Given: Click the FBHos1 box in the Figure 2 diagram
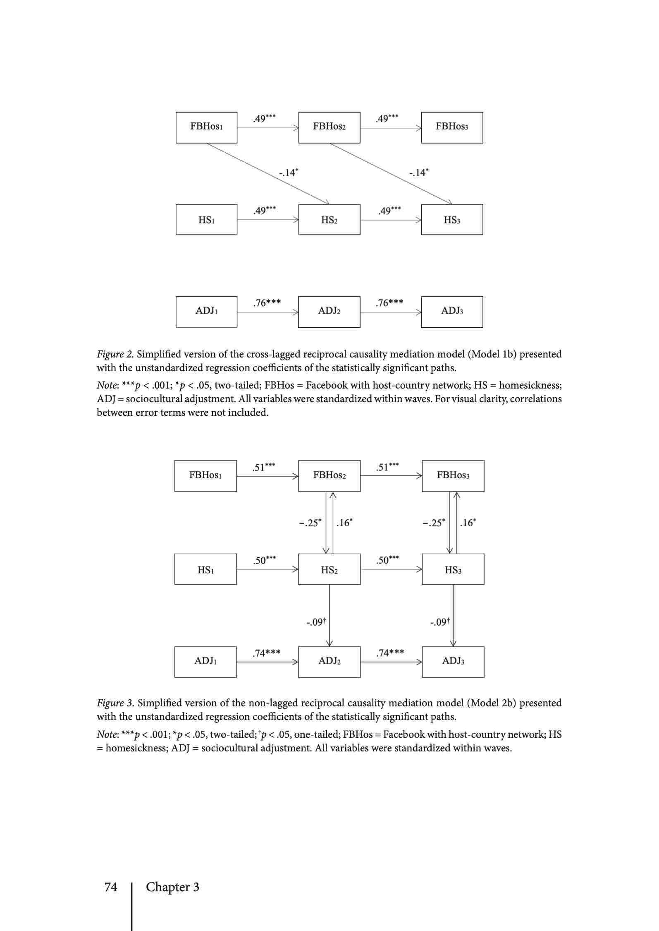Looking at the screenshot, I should [206, 127].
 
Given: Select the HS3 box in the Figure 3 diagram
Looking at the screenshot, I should [453, 569].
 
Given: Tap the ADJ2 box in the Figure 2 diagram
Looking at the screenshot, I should [329, 312].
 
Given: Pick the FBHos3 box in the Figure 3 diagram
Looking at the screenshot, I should [453, 476].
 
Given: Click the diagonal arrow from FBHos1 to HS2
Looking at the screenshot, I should [268, 174].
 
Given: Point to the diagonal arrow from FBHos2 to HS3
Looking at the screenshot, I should [391, 174].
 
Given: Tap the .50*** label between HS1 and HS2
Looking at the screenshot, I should [265, 560].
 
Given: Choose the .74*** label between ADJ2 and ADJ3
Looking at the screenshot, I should [390, 653].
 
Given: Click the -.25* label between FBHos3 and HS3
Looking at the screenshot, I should [434, 523].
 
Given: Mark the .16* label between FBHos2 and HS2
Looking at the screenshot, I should [344, 523].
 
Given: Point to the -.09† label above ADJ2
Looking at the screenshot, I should [316, 622].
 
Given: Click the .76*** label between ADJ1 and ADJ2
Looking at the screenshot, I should [267, 303].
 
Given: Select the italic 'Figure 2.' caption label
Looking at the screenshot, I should [115, 354].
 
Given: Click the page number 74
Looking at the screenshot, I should [111, 887].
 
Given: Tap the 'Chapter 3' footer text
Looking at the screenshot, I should [172, 887].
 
